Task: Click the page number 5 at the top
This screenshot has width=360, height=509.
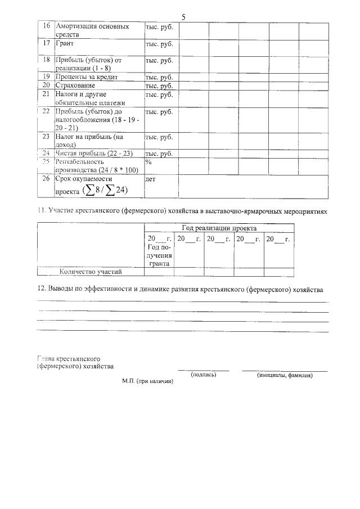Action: pyautogui.click(x=183, y=16)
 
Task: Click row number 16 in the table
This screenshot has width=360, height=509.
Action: pyautogui.click(x=46, y=26)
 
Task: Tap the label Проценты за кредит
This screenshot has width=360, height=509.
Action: pyautogui.click(x=86, y=77)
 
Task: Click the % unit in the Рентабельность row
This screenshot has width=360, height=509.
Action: pyautogui.click(x=149, y=161)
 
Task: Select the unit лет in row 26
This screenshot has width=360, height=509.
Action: pyautogui.click(x=150, y=179)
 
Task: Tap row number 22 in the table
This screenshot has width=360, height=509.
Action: pyautogui.click(x=46, y=112)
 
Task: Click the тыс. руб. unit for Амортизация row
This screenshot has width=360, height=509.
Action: pyautogui.click(x=159, y=26)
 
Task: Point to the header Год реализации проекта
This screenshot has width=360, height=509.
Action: pyautogui.click(x=219, y=228)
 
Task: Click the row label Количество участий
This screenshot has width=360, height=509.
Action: pyautogui.click(x=91, y=272)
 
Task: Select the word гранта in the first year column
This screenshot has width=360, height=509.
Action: pyautogui.click(x=159, y=263)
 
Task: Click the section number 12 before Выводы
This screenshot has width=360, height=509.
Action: pyautogui.click(x=40, y=289)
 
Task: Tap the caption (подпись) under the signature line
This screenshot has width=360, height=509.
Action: pyautogui.click(x=203, y=375)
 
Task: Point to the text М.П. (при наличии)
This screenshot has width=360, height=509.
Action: pyautogui.click(x=147, y=381)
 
